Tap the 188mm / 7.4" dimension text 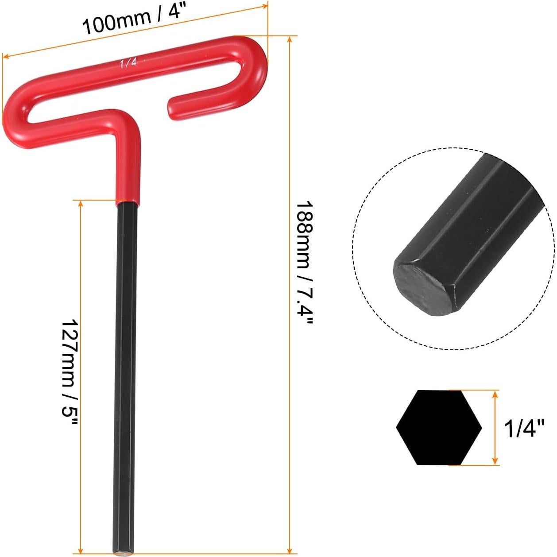pos(304,266)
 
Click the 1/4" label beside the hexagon pos(524,428)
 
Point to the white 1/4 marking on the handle pos(128,63)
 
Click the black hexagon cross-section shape pos(438,427)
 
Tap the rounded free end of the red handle pos(174,103)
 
